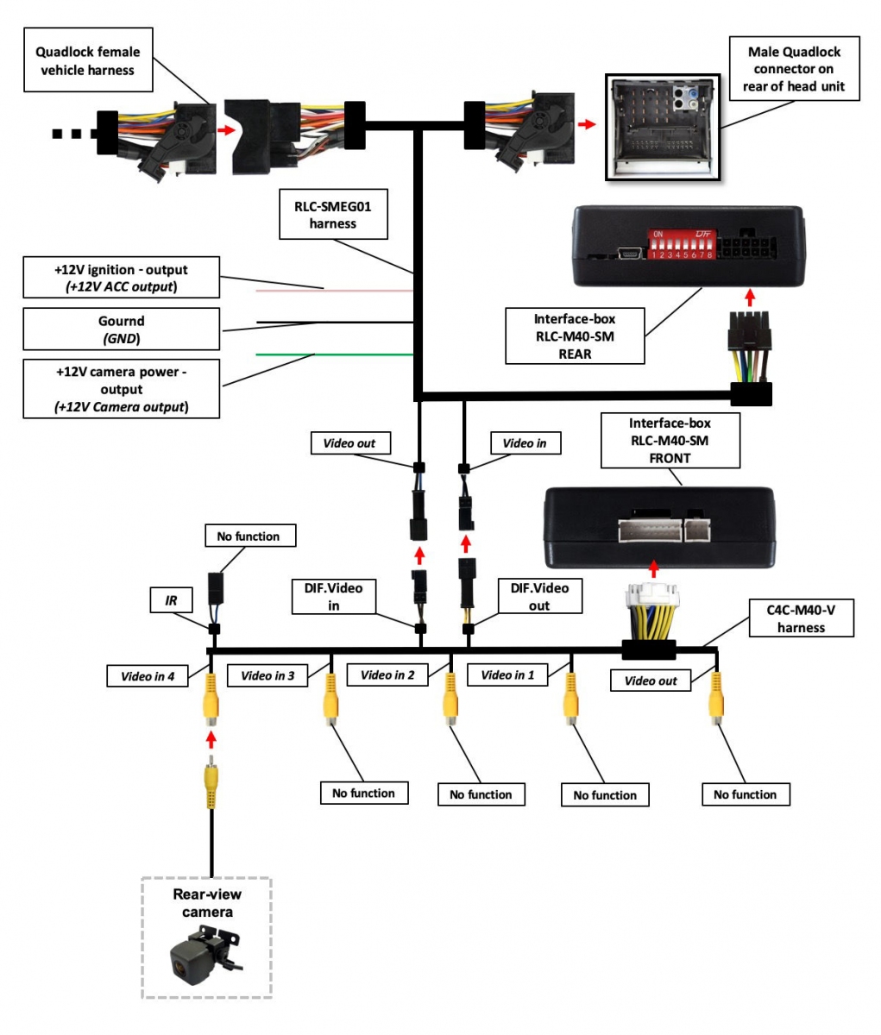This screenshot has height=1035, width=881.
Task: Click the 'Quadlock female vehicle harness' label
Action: click(x=87, y=60)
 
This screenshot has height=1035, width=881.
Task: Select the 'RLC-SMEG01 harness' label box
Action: click(x=333, y=214)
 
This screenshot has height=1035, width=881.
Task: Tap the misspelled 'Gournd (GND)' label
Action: click(x=121, y=329)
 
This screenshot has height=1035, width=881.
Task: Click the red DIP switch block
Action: click(x=682, y=244)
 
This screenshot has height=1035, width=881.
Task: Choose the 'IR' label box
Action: click(x=171, y=599)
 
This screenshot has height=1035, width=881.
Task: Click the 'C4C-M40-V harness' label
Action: click(x=800, y=618)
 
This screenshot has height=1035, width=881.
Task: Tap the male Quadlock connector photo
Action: click(x=663, y=127)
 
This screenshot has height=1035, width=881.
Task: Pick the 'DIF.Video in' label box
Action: click(x=333, y=596)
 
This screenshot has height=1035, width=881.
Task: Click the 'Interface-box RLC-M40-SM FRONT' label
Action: click(x=670, y=440)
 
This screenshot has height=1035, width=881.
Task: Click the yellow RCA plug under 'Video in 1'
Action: click(x=570, y=697)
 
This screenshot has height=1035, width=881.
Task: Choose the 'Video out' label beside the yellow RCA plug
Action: click(x=651, y=681)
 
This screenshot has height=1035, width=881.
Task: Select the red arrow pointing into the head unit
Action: click(x=587, y=125)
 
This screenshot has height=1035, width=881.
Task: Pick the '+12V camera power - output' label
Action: click(x=121, y=389)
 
